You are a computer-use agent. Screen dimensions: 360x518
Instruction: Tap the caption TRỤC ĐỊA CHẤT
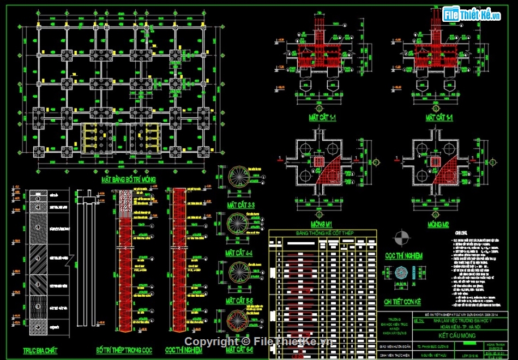pyautogui.click(x=40, y=350)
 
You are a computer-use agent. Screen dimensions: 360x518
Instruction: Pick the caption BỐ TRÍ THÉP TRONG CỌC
pyautogui.click(x=121, y=350)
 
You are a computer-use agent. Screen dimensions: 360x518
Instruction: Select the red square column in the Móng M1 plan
pyautogui.click(x=318, y=162)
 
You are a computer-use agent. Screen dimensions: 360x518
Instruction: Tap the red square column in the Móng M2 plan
pyautogui.click(x=435, y=162)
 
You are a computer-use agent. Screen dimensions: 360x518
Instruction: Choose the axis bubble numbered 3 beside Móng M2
pyautogui.click(x=492, y=163)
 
